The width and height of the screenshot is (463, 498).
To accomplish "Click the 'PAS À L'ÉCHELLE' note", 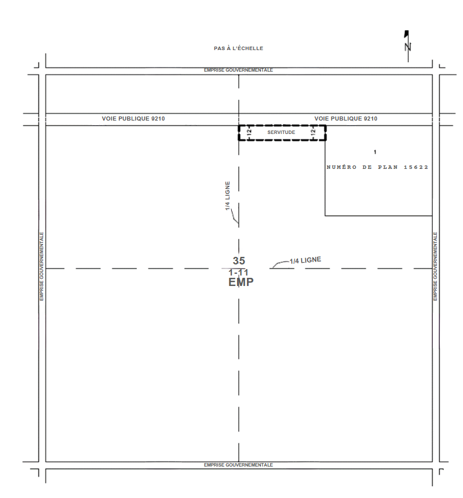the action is tap(238, 48).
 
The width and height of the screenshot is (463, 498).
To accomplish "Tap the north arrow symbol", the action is tap(407, 46).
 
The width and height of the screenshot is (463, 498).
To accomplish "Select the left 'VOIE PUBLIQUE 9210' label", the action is tap(133, 119).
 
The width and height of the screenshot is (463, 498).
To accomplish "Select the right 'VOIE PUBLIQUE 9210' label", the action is tap(346, 119).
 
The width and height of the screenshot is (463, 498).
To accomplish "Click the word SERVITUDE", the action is tap(281, 132).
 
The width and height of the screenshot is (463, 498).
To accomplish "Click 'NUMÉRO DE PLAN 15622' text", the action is tap(377, 167).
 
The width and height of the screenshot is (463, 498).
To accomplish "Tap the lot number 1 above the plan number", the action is tap(375, 152).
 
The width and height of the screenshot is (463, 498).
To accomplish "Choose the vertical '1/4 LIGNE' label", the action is tap(228, 196).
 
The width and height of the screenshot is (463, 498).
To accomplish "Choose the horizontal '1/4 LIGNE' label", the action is tap(305, 260).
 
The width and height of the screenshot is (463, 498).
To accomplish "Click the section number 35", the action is tap(239, 261).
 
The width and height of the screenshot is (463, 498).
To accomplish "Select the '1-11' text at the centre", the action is tap(238, 273).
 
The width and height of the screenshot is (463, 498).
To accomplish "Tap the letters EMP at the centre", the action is tap(241, 282).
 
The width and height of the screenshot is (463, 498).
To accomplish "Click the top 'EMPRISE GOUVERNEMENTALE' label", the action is tap(238, 70).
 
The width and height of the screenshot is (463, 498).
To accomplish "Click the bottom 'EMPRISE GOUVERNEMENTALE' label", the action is tap(238, 465).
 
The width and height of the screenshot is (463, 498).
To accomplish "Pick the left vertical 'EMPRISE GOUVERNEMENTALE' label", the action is tap(41, 266).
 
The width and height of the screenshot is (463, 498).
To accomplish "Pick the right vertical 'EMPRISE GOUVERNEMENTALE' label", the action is tap(436, 266).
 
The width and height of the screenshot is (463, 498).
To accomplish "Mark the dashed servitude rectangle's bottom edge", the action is tap(282, 139).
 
